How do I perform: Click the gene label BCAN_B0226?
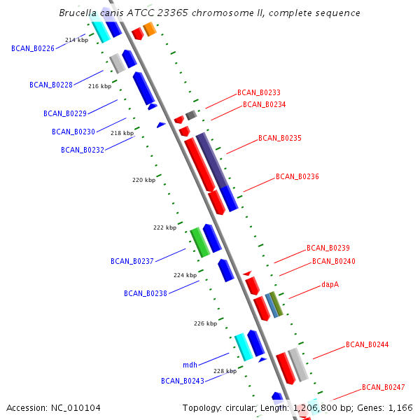point(33,48)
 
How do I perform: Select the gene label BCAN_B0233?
point(258,92)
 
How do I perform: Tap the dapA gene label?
point(330,285)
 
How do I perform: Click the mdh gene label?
point(190,365)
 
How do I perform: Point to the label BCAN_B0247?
point(383,387)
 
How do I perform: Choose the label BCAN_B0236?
point(297,176)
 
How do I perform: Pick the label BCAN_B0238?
point(145,293)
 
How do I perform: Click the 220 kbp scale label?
point(143,180)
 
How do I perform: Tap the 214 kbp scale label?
point(76,40)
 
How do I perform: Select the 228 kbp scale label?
point(225,371)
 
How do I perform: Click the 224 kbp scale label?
point(185,275)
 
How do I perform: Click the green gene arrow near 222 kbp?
point(200,242)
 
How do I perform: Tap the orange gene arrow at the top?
point(149,29)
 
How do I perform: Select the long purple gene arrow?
point(212,162)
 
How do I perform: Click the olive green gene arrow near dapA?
point(276,304)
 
